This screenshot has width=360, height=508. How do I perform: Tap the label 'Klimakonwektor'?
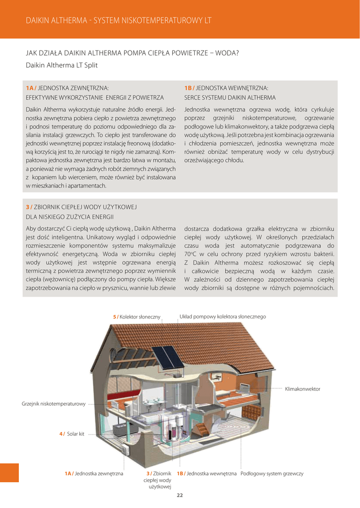pyautogui.click(x=302, y=389)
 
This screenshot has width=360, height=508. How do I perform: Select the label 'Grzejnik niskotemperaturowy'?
pyautogui.click(x=54, y=404)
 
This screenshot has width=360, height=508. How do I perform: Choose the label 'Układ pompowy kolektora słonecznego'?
pyautogui.click(x=222, y=317)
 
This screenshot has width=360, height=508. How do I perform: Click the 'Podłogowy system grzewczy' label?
pyautogui.click(x=272, y=474)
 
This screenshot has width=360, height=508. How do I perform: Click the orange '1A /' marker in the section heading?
pyautogui.click(x=31, y=88)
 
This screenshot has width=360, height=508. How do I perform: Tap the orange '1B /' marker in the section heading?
pyautogui.click(x=189, y=88)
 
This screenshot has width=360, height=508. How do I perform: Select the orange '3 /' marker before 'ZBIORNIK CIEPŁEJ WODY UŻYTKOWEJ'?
pyautogui.click(x=29, y=207)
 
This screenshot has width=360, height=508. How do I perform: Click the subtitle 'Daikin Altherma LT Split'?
pyautogui.click(x=62, y=65)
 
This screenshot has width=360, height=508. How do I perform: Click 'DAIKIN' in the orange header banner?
pyautogui.click(x=39, y=20)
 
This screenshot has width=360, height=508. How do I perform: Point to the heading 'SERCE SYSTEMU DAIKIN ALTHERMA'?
pyautogui.click(x=229, y=98)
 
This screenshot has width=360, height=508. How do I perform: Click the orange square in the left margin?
pyautogui.click(x=9, y=472)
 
